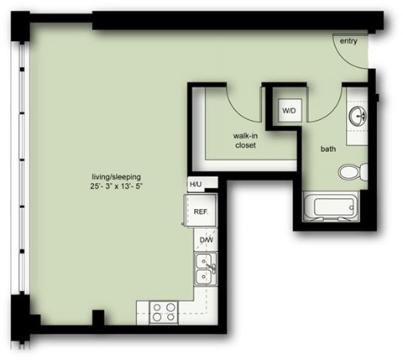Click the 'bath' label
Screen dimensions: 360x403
tap(329, 149)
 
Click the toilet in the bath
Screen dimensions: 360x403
tap(351, 172)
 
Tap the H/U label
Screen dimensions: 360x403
tap(196, 185)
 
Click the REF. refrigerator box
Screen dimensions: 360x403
tap(201, 213)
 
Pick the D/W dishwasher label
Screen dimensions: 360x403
tap(205, 242)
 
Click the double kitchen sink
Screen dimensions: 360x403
tap(203, 269)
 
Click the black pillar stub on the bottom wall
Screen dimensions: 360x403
tap(98, 319)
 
